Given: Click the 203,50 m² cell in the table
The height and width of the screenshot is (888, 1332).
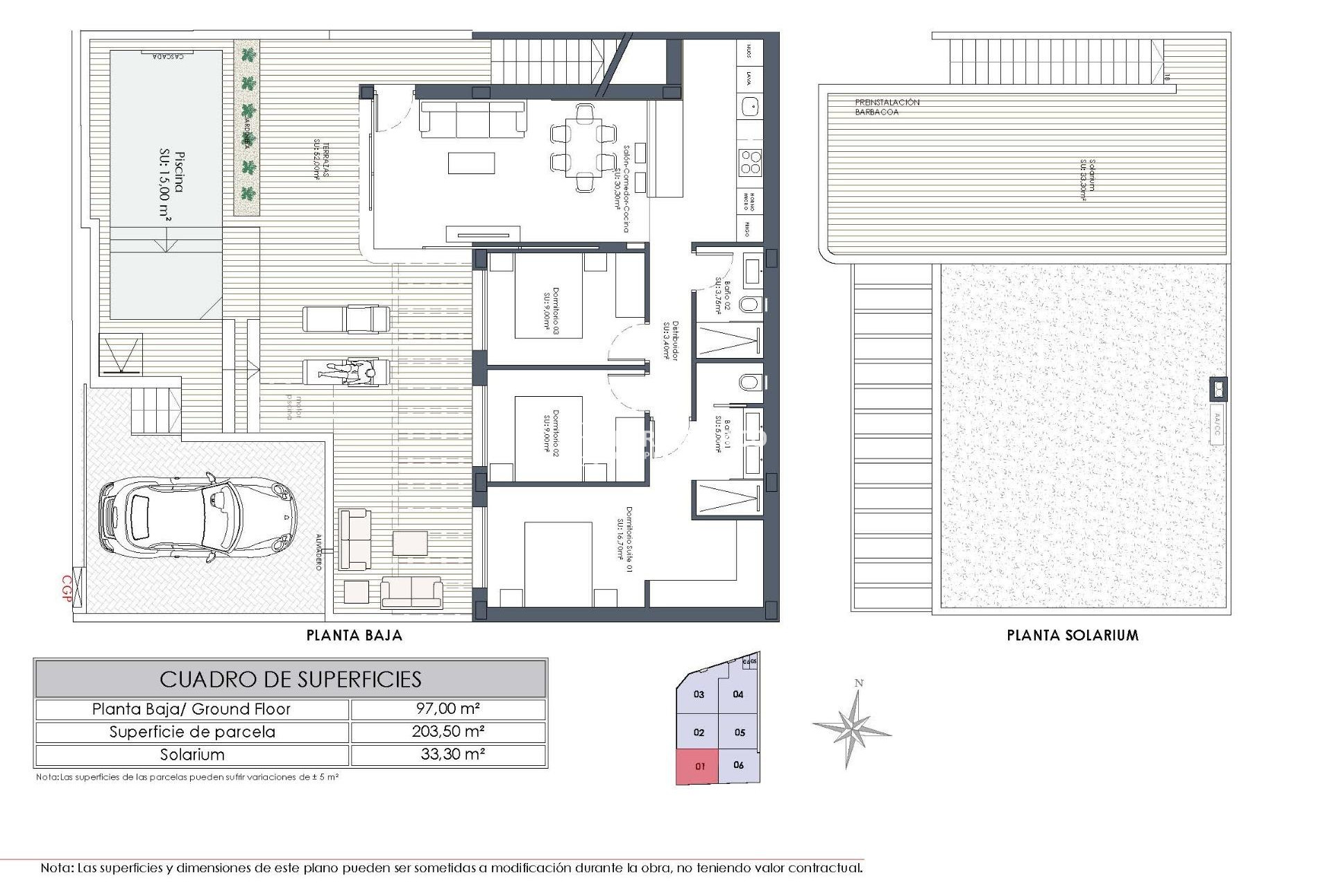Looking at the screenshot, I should [x=447, y=732].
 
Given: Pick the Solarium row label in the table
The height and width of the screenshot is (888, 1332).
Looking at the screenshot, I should [x=192, y=755].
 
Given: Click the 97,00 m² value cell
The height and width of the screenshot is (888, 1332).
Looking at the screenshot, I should [x=447, y=709].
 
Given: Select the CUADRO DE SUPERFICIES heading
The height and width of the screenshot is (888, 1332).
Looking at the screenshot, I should [x=291, y=678].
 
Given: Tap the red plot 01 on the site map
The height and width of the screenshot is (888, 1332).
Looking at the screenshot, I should [x=699, y=767].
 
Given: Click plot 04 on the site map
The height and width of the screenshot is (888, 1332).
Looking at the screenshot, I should [x=738, y=694].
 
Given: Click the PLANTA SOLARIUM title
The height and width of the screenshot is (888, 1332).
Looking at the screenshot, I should [x=1073, y=635].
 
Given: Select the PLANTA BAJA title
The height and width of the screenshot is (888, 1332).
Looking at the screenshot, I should [x=355, y=635].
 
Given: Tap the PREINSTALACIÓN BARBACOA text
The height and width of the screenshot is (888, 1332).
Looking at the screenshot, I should [x=887, y=107].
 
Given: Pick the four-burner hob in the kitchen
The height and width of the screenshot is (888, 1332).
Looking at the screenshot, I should [x=750, y=162].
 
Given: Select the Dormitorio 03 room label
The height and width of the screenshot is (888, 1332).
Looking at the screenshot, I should [x=551, y=312].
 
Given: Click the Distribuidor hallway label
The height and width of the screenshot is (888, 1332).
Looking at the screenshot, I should [x=669, y=340].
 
